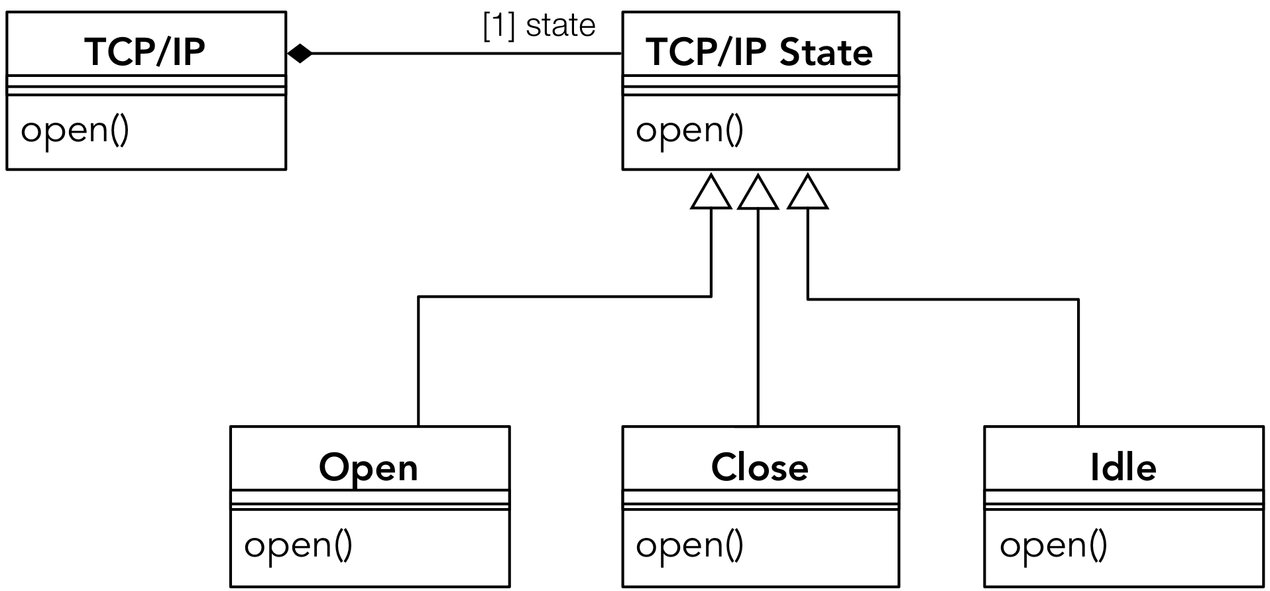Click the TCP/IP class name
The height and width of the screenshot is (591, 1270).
pyautogui.click(x=145, y=52)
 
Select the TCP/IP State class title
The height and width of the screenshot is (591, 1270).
pyautogui.click(x=760, y=52)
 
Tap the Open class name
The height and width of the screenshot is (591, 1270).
pyautogui.click(x=369, y=468)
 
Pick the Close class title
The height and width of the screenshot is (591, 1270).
pyautogui.click(x=760, y=468)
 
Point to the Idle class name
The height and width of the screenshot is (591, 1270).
pyautogui.click(x=1123, y=468)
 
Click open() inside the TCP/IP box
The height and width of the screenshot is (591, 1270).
pyautogui.click(x=75, y=130)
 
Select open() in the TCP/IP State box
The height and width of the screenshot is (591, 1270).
pyautogui.click(x=689, y=130)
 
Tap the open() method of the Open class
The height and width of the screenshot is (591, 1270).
pyautogui.click(x=298, y=545)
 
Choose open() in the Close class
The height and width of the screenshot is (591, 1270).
pyautogui.click(x=689, y=545)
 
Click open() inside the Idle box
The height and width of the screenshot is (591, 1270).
pyautogui.click(x=1053, y=545)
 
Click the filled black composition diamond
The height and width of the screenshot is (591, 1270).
pyautogui.click(x=300, y=53)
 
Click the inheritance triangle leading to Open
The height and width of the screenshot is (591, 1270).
pyautogui.click(x=711, y=194)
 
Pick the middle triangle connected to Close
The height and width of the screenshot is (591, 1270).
pyautogui.click(x=758, y=194)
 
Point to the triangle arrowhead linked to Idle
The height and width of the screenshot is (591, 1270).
pyautogui.click(x=807, y=194)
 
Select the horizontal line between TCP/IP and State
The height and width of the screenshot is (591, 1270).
pyautogui.click(x=464, y=53)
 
